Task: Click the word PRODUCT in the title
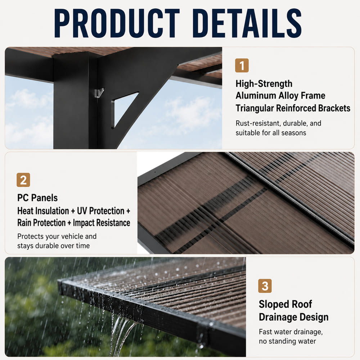117,23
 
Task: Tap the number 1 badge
242,66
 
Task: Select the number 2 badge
23,180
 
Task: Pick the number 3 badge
265,286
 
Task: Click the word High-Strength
264,84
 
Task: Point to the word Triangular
255,108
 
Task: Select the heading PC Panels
37,198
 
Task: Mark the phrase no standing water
287,341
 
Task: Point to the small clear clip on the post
99,93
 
